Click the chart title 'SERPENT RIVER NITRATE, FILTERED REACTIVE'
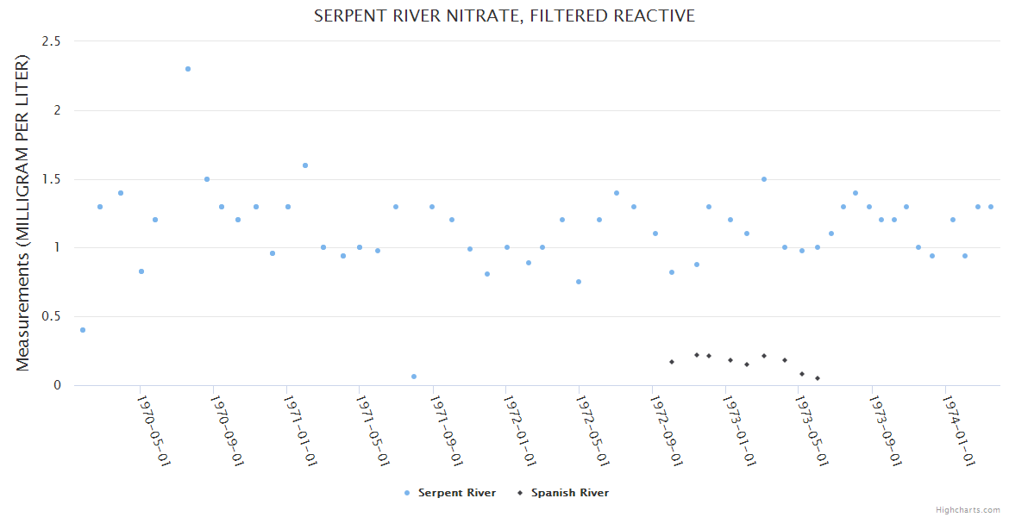504,16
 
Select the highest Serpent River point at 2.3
188,69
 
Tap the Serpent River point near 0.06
414,377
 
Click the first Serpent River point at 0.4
83,330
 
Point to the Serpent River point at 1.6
305,165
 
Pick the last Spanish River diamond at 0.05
818,378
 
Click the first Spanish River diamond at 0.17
672,362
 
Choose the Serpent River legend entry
450,493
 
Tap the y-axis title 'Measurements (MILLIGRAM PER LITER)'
23,213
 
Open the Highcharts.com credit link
968,510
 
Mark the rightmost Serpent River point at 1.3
991,207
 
